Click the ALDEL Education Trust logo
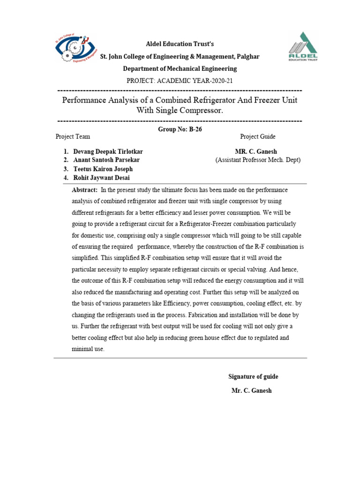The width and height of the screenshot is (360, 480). tap(302, 47)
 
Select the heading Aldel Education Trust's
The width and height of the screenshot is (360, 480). tap(180, 44)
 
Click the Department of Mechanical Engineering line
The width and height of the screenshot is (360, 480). tap(180, 68)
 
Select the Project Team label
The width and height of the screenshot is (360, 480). tap(73, 136)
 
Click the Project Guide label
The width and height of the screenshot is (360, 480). tap(258, 136)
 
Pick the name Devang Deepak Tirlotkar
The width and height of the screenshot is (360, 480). tap(108, 152)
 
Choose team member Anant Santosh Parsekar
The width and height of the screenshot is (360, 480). tap(106, 160)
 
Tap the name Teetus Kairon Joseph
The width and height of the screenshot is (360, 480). tap(103, 169)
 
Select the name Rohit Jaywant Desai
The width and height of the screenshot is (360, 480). tap(102, 178)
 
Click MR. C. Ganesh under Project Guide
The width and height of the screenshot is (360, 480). tap(257, 152)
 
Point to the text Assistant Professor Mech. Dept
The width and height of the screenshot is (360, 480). tap(258, 160)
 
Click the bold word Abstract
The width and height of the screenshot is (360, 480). tap(84, 190)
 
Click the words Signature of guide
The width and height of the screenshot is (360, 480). tap(253, 376)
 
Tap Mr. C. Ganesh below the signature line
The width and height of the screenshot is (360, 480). tap(251, 390)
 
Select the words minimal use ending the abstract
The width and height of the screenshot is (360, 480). tap(88, 349)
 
